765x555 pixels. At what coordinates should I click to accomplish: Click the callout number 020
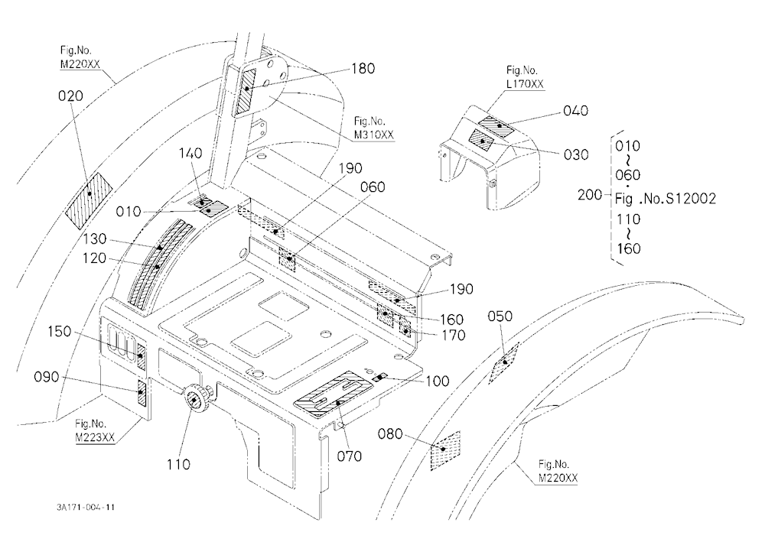tap(70, 96)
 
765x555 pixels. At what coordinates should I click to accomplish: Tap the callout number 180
tap(363, 69)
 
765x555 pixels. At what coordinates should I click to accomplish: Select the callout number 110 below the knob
tap(178, 464)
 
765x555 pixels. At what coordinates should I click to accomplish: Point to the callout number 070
tap(350, 456)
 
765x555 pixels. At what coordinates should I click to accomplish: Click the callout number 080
tap(390, 433)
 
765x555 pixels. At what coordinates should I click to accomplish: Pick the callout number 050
tap(500, 316)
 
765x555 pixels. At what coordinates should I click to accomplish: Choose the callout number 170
tap(453, 336)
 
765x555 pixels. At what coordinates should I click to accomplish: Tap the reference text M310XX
tap(374, 135)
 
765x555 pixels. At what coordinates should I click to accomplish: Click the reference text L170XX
tap(525, 84)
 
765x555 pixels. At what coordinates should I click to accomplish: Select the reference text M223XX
tap(95, 437)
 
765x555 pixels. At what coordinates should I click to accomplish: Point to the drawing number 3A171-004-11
tap(86, 507)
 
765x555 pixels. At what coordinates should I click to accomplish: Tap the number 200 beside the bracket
tap(590, 195)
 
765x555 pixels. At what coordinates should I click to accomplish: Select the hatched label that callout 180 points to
tap(246, 92)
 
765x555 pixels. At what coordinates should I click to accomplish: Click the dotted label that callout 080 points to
tap(445, 451)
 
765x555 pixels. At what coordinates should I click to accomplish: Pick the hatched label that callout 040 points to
tap(496, 127)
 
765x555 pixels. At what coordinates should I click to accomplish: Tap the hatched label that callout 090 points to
tap(142, 394)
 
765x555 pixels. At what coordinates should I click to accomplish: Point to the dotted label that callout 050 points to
tap(504, 362)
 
